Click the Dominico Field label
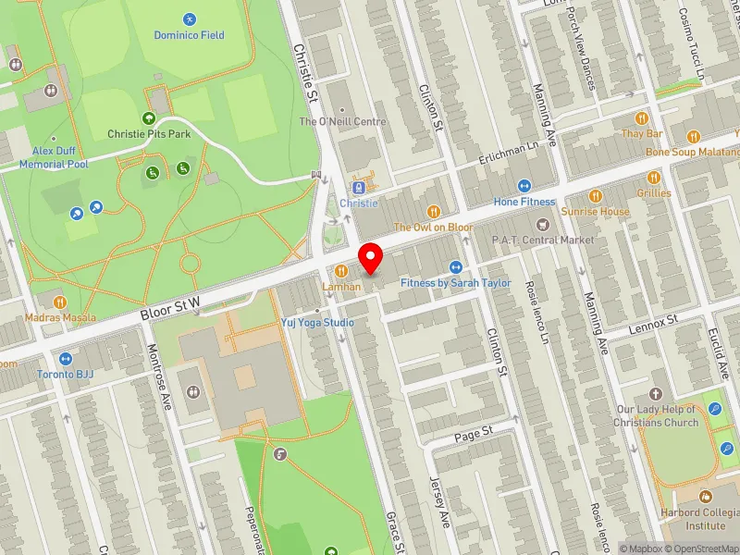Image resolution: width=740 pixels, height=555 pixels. click(189, 35)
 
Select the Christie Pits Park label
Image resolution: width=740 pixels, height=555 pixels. click(149, 133)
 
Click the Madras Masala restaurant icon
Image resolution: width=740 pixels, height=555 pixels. click(60, 302)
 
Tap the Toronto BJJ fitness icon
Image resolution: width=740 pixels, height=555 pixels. click(65, 359)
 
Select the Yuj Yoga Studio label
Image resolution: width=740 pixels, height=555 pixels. click(317, 323)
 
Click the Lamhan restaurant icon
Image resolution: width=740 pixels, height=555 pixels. click(341, 271)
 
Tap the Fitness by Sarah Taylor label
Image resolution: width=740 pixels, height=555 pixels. click(455, 283)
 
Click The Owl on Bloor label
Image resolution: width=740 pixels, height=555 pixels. click(433, 227)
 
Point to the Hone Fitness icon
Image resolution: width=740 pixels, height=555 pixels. click(524, 186)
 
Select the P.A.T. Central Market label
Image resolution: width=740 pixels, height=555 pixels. click(543, 240)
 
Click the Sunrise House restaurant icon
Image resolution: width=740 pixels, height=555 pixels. click(595, 195)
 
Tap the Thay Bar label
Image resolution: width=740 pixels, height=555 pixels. click(642, 133)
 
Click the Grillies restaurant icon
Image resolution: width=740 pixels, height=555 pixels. click(653, 178)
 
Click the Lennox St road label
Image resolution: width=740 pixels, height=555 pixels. click(653, 318)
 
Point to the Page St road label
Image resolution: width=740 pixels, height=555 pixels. click(473, 432)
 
